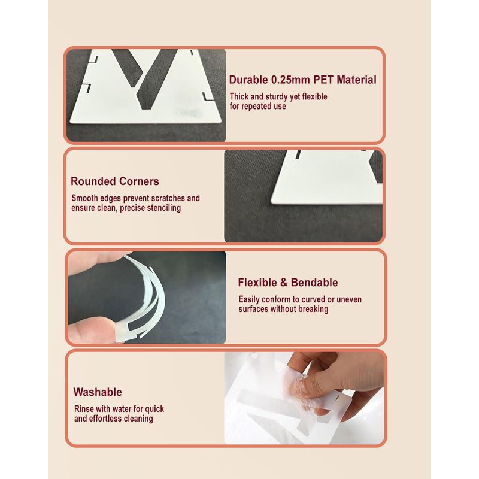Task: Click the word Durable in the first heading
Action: [x=248, y=80]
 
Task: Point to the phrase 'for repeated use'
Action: [x=258, y=107]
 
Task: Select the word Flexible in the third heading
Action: [x=257, y=282]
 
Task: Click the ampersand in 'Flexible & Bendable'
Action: [x=284, y=283]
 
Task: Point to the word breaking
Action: [x=313, y=309]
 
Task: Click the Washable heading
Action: [x=98, y=392]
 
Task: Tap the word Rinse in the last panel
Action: [x=84, y=409]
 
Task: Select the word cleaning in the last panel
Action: [x=138, y=419]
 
